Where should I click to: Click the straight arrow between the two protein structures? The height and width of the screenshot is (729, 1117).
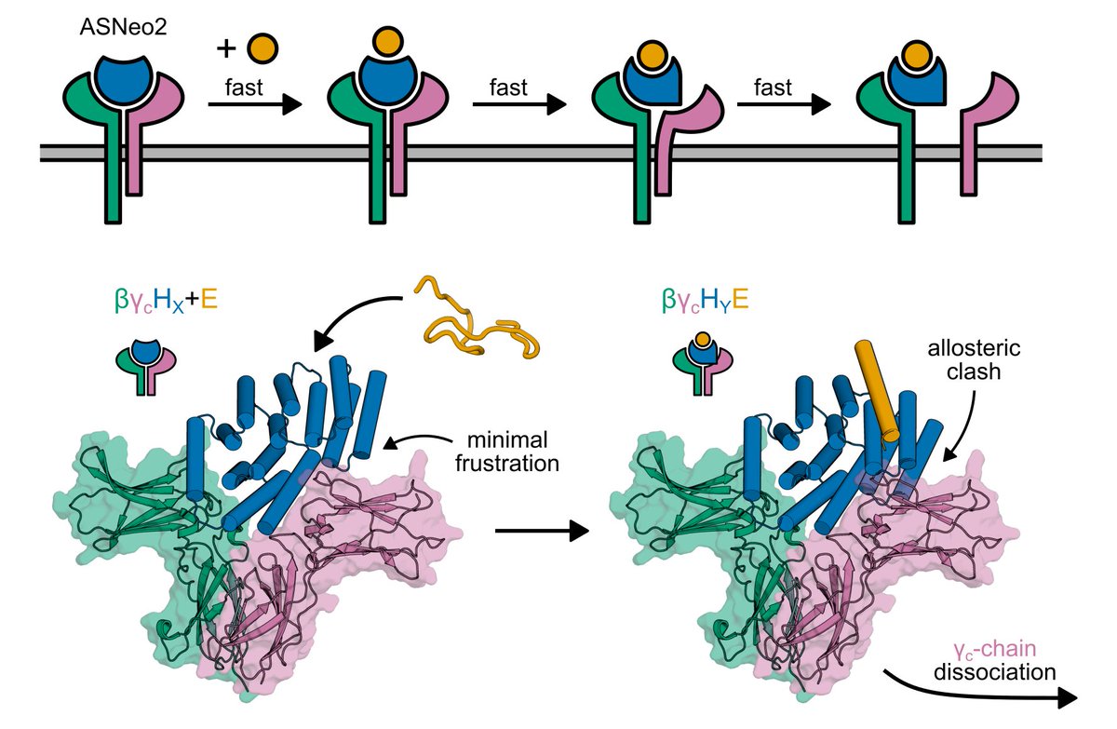tap(541, 532)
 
